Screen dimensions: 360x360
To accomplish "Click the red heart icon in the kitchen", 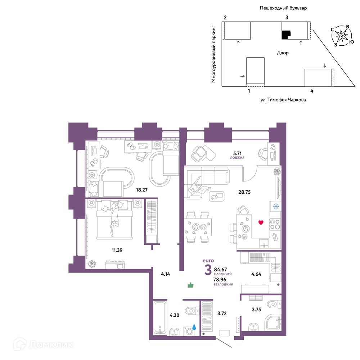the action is (261, 222).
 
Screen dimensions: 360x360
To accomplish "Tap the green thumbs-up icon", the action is (190, 285).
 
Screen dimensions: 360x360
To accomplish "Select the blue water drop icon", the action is (194, 327).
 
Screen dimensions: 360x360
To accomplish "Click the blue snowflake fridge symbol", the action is (276, 206).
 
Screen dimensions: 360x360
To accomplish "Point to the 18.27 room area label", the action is (141, 190).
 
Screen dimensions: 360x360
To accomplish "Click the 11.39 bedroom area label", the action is (117, 250).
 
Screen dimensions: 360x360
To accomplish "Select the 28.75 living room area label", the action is (244, 192).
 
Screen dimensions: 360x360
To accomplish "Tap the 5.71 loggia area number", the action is (237, 153).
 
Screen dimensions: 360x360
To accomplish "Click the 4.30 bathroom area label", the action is (175, 315).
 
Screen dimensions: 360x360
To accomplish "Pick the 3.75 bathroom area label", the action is (256, 310).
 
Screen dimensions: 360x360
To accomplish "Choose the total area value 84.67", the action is (220, 269).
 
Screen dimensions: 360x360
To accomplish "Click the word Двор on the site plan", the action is (283, 53).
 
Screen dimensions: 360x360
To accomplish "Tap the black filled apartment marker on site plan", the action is (285, 35).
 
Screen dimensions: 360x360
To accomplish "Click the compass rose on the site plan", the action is (342, 36).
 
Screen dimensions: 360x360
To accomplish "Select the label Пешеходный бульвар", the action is (283, 8).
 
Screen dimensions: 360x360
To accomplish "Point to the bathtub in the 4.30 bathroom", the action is (160, 318).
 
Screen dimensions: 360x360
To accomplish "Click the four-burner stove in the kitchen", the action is (275, 224).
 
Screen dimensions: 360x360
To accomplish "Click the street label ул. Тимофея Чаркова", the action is (283, 100).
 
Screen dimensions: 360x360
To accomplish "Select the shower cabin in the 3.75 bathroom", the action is (273, 323).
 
